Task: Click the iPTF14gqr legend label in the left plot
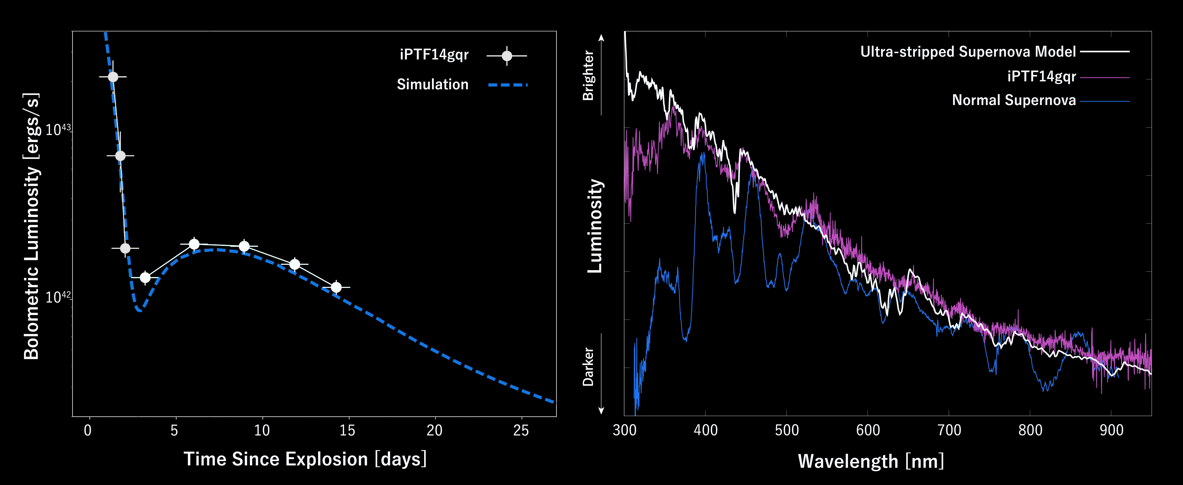(434, 55)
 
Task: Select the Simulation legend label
(433, 84)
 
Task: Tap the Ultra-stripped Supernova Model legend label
(968, 51)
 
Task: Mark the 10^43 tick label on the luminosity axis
(58, 129)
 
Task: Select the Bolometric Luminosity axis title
(31, 226)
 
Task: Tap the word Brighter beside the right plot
(588, 76)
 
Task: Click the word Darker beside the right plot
(588, 366)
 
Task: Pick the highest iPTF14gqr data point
(113, 77)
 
